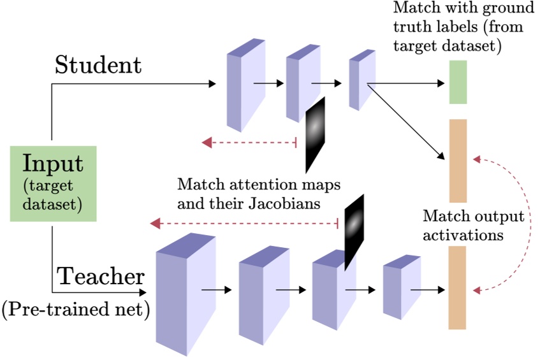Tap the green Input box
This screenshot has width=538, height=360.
click(x=54, y=184)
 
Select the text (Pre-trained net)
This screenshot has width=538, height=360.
click(x=75, y=310)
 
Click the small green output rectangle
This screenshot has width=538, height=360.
click(x=458, y=82)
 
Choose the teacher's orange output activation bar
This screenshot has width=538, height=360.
click(x=457, y=287)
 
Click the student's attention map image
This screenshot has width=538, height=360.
click(x=315, y=134)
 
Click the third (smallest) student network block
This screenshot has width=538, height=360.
click(x=362, y=82)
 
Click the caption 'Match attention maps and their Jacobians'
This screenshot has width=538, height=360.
click(x=259, y=195)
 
